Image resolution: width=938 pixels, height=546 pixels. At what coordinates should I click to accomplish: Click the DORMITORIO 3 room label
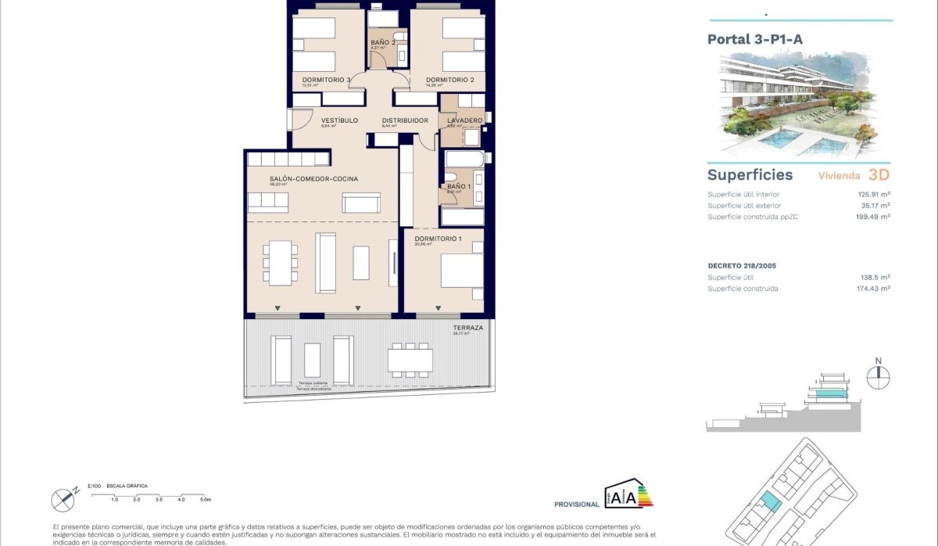point(326,80)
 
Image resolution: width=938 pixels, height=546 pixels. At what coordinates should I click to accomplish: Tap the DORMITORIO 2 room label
point(450,80)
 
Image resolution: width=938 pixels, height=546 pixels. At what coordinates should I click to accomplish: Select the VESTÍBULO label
point(339,120)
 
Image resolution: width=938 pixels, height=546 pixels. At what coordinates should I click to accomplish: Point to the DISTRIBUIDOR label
point(405,120)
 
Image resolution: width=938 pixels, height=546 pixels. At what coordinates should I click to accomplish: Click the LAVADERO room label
point(464,120)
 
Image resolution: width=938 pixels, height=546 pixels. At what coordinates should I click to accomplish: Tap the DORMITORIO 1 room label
point(438,239)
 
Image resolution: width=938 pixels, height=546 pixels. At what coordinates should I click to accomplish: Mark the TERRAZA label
point(468,328)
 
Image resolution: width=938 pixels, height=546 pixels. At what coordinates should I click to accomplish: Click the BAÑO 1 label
point(459,186)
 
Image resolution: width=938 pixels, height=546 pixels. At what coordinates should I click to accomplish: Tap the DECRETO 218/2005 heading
point(742,266)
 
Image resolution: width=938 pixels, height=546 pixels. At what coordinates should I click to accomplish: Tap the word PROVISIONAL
point(577,505)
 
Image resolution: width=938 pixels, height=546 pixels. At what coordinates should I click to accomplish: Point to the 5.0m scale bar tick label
point(206,499)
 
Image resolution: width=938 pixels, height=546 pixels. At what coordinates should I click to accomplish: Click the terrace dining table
point(410,359)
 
